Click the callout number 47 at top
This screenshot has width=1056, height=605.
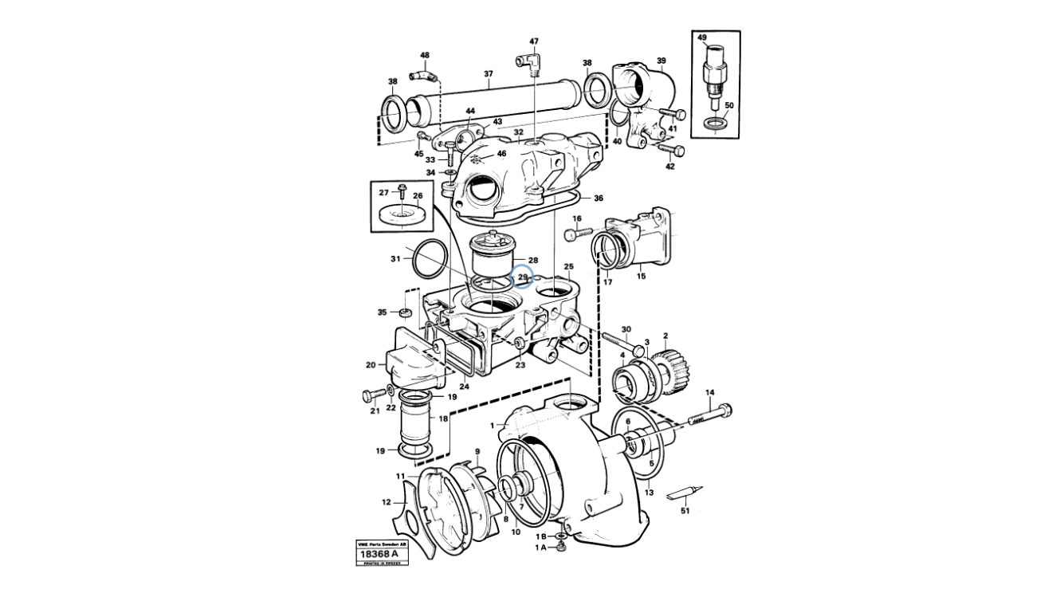[533, 41]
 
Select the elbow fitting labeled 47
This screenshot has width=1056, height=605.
[529, 61]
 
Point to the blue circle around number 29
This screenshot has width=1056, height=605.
[523, 277]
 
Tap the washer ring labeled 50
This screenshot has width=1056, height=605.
[716, 124]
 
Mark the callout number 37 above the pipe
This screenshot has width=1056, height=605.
[489, 74]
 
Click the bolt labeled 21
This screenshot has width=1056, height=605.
[373, 394]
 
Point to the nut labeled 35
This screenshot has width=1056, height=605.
[404, 312]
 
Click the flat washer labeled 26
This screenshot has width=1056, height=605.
[401, 214]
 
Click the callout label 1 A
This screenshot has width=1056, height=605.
[541, 548]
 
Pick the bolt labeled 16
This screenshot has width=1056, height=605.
[579, 234]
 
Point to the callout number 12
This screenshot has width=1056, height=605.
[387, 502]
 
